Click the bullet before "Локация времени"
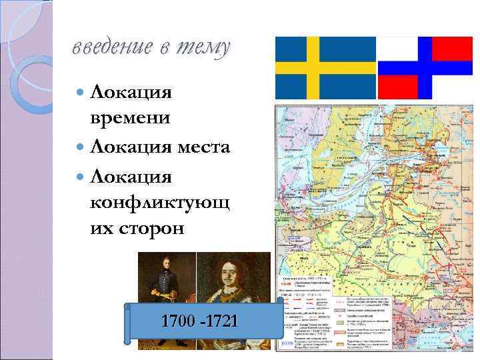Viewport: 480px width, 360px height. (x=79, y=89)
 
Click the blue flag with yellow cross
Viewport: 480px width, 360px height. (x=326, y=67)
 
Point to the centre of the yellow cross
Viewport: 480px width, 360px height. (x=313, y=67)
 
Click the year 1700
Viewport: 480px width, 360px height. (x=178, y=321)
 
